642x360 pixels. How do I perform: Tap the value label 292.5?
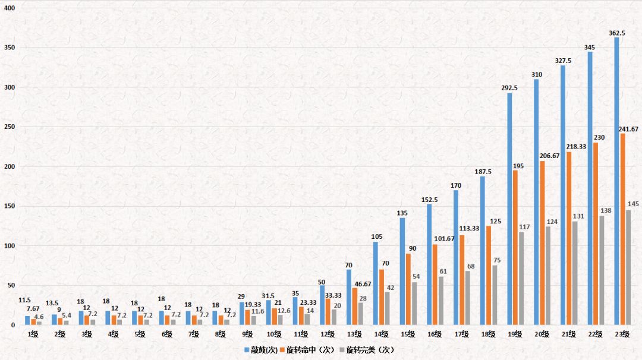tap(509, 88)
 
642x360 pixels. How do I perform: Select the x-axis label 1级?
tap(33, 334)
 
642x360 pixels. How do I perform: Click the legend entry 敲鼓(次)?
tap(264, 350)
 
